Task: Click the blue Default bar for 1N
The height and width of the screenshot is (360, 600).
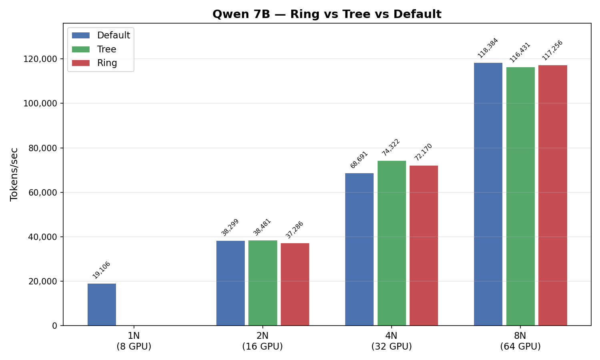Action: click(102, 304)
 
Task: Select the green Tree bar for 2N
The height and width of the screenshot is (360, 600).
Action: click(263, 283)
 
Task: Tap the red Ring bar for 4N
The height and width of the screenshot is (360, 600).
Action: click(424, 245)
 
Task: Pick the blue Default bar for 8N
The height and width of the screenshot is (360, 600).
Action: click(488, 194)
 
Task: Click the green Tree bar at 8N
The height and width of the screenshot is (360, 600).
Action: click(520, 196)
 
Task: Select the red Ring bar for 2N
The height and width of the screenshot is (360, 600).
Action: click(295, 284)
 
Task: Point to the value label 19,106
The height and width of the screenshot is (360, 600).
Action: click(101, 270)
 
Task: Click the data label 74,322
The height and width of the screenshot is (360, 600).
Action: click(391, 147)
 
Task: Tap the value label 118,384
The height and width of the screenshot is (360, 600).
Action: click(488, 48)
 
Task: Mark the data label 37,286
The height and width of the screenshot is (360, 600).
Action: click(294, 230)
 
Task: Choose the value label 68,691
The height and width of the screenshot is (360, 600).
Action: click(359, 160)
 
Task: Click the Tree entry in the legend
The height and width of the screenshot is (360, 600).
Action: click(106, 49)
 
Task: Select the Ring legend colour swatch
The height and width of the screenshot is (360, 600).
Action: click(81, 63)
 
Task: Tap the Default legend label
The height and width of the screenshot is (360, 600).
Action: click(114, 35)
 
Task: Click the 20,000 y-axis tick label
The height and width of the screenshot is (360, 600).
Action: click(41, 281)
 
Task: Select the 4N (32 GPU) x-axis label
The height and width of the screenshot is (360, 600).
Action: click(391, 341)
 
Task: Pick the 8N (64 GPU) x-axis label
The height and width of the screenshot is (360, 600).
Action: click(520, 341)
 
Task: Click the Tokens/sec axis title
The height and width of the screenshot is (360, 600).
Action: click(14, 174)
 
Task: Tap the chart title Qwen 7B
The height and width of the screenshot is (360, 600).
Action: click(327, 14)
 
